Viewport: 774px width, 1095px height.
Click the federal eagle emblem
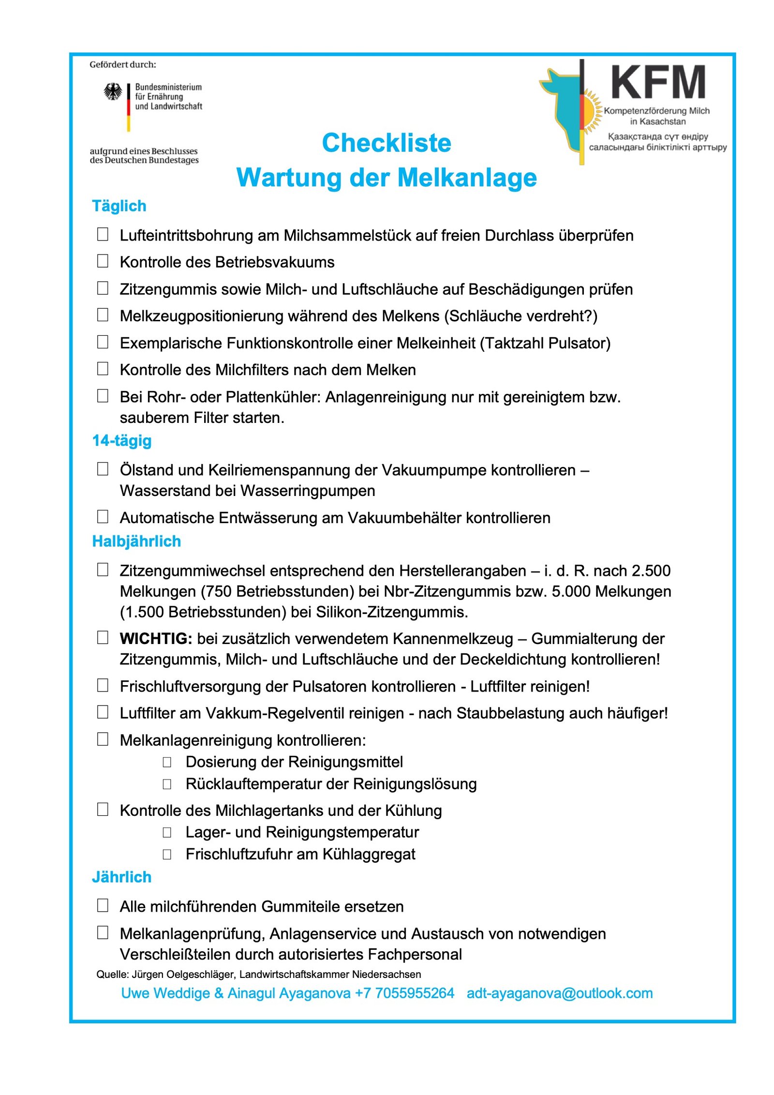pos(113,91)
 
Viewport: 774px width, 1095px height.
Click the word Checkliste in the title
pos(387,143)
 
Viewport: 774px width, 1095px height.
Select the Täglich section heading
pos(119,206)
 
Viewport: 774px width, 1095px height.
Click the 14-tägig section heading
pos(122,441)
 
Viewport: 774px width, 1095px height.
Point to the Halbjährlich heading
pos(136,541)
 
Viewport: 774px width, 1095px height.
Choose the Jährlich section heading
pos(121,877)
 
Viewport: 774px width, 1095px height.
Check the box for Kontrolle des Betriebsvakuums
pos(103,261)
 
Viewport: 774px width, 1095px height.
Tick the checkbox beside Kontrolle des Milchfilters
pos(103,369)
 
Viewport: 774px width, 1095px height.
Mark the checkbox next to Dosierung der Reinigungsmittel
pos(167,762)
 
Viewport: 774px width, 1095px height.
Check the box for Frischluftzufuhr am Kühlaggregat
pos(167,855)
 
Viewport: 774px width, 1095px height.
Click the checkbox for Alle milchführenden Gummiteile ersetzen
pos(103,905)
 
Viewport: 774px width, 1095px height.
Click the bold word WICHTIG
pos(156,639)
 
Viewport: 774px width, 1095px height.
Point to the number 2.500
pos(651,571)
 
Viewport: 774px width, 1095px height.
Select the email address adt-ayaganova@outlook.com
pos(559,993)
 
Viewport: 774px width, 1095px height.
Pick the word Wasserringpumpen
pos(308,491)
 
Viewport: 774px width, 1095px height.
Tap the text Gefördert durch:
pos(123,64)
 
